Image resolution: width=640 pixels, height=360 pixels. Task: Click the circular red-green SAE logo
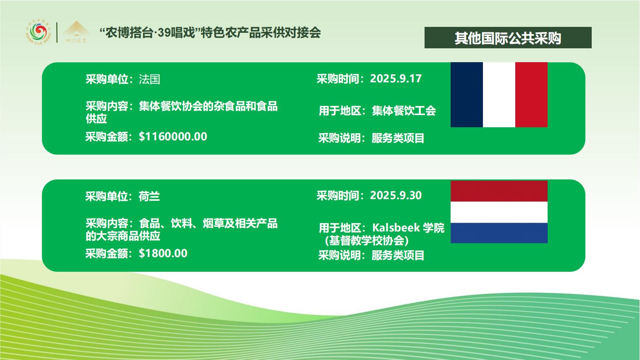point(39,33)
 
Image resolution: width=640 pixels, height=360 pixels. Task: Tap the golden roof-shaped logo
point(76,32)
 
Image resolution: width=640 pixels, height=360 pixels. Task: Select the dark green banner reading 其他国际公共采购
point(508,37)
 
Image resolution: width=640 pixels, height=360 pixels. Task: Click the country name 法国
point(150,79)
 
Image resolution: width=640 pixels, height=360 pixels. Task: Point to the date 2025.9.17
point(396,79)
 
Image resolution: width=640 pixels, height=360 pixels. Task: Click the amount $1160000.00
point(173,137)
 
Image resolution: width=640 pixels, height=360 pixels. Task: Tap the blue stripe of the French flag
point(467,95)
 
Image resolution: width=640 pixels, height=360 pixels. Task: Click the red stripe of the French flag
point(531,95)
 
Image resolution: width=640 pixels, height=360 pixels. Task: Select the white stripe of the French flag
point(499,95)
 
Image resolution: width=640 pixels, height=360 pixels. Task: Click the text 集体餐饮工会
point(404,111)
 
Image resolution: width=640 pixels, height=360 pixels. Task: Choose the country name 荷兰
point(149,197)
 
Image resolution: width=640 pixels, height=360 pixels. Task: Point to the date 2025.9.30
point(396,195)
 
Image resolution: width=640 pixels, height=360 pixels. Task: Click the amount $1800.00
point(163,253)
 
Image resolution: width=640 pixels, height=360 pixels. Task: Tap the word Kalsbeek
point(396,228)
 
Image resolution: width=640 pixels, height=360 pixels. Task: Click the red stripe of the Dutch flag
point(499,191)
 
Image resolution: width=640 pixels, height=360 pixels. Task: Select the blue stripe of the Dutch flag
point(499,233)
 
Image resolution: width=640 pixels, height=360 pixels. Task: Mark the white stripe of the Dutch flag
point(499,212)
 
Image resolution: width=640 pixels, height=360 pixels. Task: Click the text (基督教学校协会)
point(367,241)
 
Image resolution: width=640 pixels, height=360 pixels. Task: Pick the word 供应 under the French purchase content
point(96,118)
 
